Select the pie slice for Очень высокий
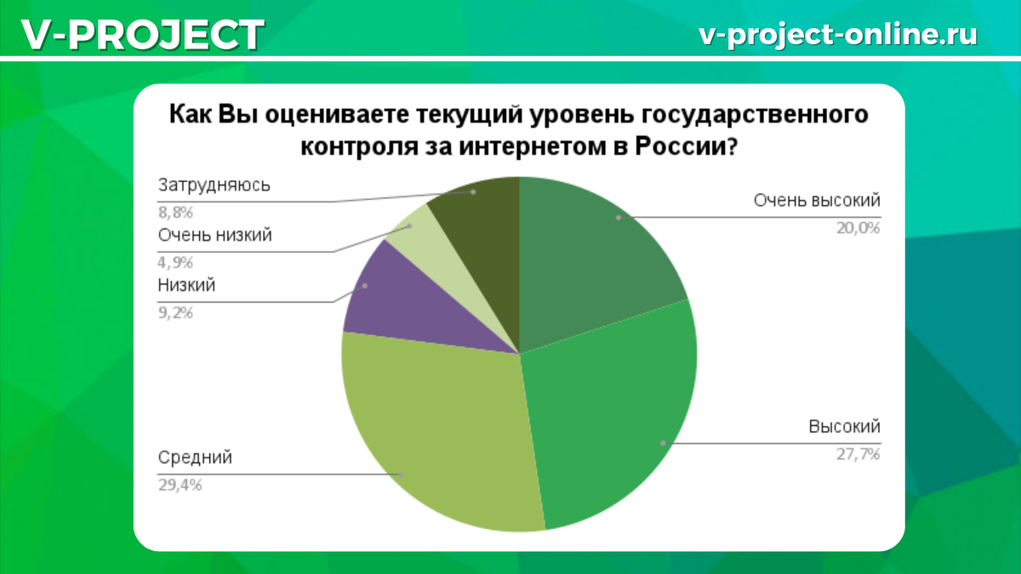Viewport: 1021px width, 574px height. point(596,255)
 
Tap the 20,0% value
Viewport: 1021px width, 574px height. point(858,227)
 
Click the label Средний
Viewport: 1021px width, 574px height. point(195,457)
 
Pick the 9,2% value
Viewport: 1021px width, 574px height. point(176,312)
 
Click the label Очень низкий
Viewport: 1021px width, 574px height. point(215,236)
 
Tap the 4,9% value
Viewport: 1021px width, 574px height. point(176,262)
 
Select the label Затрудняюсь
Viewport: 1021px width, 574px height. point(214,185)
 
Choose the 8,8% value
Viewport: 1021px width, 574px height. point(176,212)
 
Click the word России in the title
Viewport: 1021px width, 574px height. point(685,145)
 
